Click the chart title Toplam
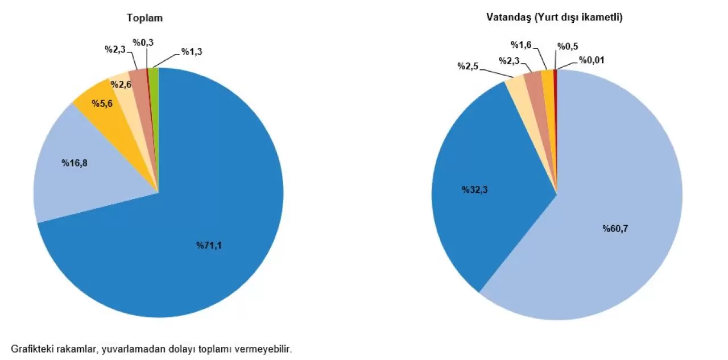tap(144, 18)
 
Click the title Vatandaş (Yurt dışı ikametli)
tap(554, 18)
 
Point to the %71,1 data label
tap(210, 245)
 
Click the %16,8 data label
tap(75, 163)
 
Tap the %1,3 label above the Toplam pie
tap(192, 52)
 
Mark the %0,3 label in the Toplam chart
tap(143, 42)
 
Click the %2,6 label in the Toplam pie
tap(121, 84)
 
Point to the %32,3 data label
tap(475, 189)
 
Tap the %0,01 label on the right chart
tap(592, 60)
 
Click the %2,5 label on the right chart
tap(468, 67)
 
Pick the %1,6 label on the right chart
tap(522, 45)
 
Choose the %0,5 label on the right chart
tap(568, 47)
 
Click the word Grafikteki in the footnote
tap(29, 349)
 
